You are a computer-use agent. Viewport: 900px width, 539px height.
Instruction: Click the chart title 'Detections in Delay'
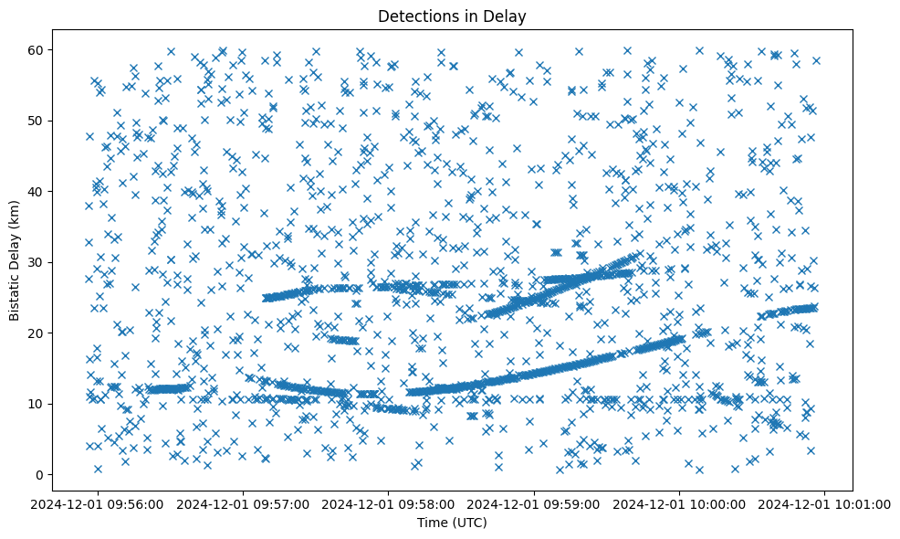[452, 16]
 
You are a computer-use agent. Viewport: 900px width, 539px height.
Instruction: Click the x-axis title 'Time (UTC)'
[452, 523]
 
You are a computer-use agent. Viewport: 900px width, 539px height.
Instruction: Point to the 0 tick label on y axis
[40, 474]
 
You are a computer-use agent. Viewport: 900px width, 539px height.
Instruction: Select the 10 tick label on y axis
[37, 404]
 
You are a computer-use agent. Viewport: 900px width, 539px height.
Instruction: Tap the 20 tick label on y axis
[37, 333]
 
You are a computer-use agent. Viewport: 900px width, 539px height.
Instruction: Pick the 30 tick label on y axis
[37, 262]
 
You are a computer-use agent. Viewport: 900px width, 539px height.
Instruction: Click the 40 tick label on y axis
[37, 191]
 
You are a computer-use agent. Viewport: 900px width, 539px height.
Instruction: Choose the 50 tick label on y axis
[37, 121]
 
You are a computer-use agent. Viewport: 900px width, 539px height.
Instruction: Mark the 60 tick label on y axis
[37, 49]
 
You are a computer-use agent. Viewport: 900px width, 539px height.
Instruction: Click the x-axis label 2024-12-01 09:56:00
[99, 503]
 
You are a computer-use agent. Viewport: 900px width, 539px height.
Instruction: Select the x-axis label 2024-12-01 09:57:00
[244, 503]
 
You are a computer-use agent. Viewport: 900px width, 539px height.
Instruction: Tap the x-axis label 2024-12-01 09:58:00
[389, 503]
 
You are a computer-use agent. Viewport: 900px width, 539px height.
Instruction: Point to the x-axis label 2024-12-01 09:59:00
[534, 503]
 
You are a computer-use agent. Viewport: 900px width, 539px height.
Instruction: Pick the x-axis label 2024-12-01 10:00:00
[679, 503]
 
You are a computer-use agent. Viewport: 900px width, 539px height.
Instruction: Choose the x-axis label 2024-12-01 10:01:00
[824, 503]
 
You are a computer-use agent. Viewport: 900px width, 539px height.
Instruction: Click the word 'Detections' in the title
[414, 16]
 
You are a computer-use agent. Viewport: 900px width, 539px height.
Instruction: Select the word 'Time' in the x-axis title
[433, 523]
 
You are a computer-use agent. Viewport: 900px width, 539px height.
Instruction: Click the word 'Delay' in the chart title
[508, 16]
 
